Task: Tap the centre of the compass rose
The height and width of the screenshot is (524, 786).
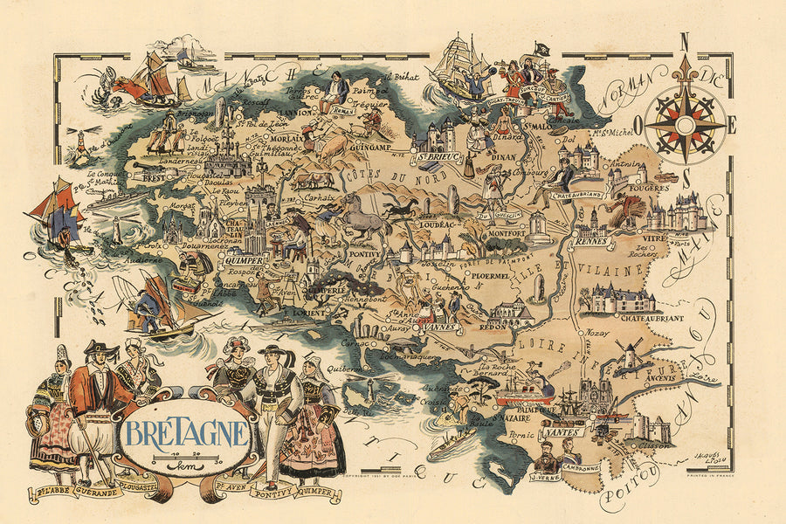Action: pyautogui.click(x=686, y=125)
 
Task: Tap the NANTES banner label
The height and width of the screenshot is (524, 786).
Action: pyautogui.click(x=563, y=431)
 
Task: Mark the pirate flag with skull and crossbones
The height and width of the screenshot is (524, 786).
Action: pyautogui.click(x=541, y=51)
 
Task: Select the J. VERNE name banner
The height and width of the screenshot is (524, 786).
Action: pyautogui.click(x=548, y=477)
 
